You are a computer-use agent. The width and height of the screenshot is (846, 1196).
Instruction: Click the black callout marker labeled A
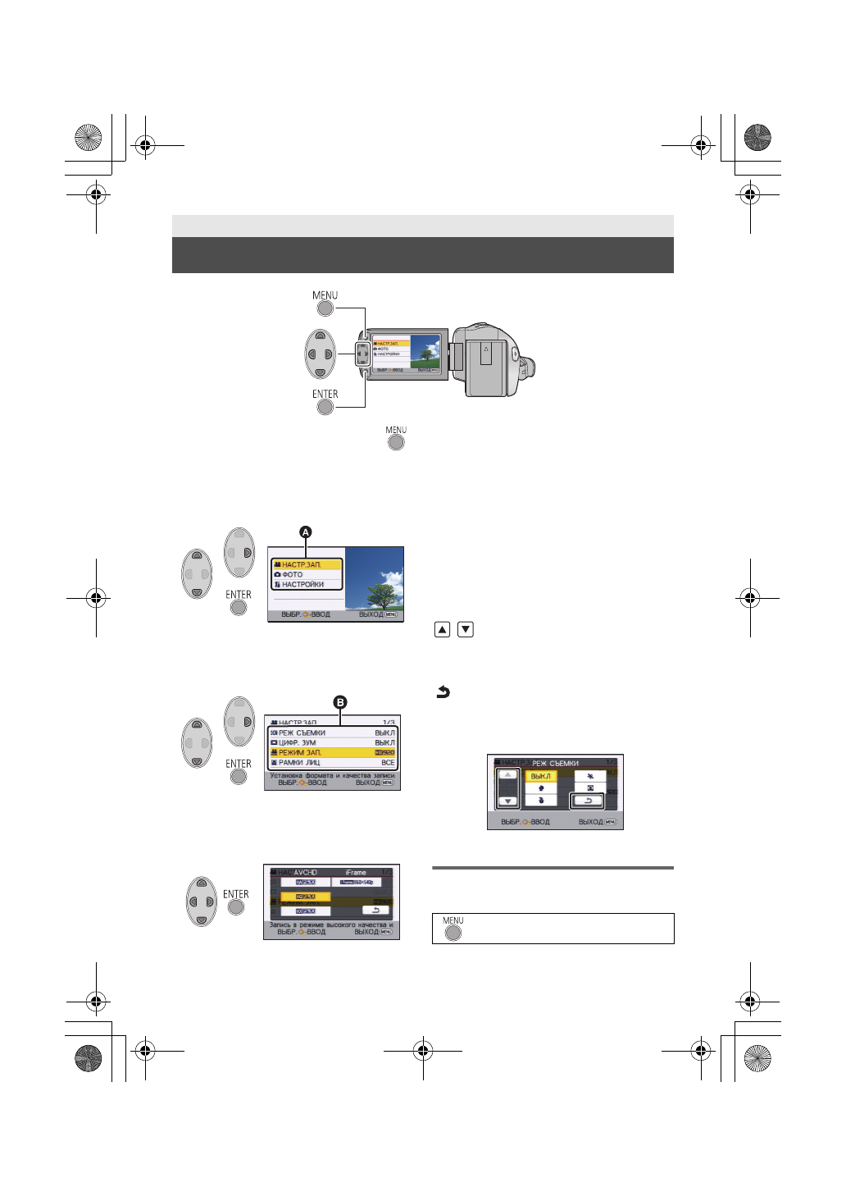306,532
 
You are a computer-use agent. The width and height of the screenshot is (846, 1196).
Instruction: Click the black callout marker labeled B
339,702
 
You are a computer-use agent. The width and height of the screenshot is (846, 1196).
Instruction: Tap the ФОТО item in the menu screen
293,574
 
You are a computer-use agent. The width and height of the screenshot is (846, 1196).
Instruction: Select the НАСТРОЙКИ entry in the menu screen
302,584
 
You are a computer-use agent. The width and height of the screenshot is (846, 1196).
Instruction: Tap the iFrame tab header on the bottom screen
356,872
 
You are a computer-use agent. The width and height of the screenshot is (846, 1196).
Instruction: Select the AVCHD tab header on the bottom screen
305,872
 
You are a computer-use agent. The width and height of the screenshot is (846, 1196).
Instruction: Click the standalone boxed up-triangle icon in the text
442,630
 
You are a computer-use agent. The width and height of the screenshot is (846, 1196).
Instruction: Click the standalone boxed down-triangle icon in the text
466,630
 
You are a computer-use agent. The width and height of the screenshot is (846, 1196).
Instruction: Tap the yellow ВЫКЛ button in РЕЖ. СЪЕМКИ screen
540,776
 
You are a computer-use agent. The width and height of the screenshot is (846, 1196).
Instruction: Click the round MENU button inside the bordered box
453,933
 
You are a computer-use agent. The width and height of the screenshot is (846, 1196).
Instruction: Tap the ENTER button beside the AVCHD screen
236,907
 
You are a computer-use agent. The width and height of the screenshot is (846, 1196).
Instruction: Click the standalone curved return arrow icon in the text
443,692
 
